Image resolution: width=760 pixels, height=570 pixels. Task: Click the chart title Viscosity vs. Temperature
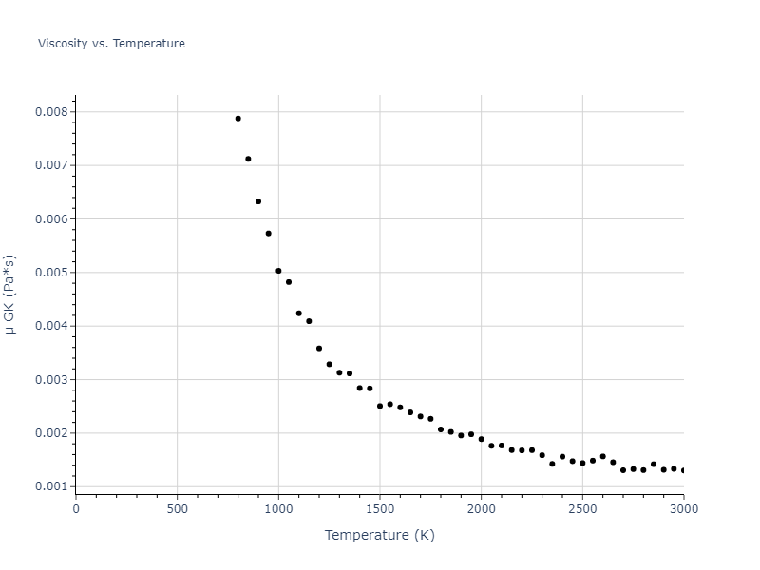pyautogui.click(x=111, y=44)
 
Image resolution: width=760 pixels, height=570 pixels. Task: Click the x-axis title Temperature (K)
pyautogui.click(x=379, y=536)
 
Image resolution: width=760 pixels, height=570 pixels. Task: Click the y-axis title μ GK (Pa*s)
pyautogui.click(x=10, y=294)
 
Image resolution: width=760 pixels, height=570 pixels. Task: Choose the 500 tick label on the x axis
pyautogui.click(x=177, y=509)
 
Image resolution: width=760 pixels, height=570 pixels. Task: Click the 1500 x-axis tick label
pyautogui.click(x=379, y=509)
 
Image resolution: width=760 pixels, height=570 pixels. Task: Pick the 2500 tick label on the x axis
pyautogui.click(x=582, y=509)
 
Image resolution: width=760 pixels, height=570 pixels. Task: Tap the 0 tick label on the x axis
pyautogui.click(x=76, y=509)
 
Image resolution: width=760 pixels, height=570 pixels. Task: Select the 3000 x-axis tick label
pyautogui.click(x=683, y=509)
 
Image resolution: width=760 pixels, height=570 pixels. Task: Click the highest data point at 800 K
pyautogui.click(x=237, y=119)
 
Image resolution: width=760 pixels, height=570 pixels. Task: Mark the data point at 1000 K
pyautogui.click(x=278, y=271)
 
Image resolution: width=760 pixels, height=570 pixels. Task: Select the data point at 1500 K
pyautogui.click(x=380, y=406)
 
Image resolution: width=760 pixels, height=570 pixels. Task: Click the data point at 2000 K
pyautogui.click(x=481, y=439)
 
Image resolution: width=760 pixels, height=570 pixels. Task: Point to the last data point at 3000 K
pyautogui.click(x=683, y=470)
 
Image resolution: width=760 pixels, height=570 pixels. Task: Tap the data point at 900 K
pyautogui.click(x=258, y=201)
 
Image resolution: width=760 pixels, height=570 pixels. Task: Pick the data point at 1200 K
pyautogui.click(x=319, y=349)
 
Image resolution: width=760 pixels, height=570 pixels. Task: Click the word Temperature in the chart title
pyautogui.click(x=149, y=44)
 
